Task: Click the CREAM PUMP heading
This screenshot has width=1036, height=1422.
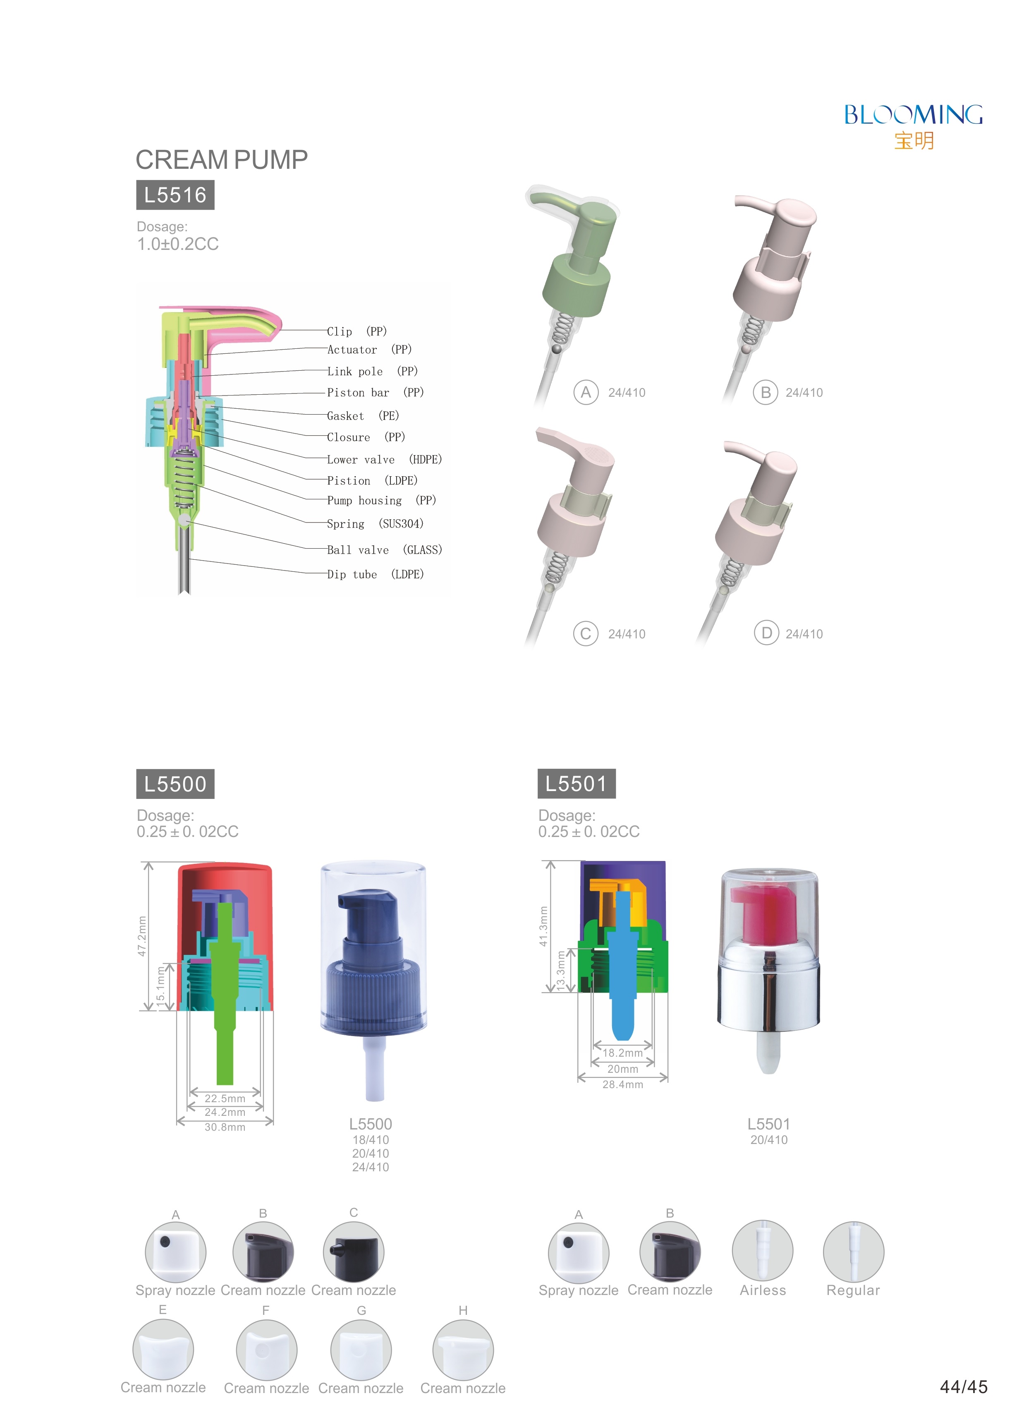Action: (x=221, y=160)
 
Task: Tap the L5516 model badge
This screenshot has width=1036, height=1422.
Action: (x=175, y=195)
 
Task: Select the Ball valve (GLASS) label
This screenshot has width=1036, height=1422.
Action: (x=385, y=550)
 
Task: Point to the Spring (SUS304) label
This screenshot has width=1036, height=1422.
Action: (x=375, y=524)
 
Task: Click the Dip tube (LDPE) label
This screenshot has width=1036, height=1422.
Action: (x=375, y=575)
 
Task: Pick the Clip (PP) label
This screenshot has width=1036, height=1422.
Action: (x=357, y=331)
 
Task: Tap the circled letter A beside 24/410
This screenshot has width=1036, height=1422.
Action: (x=586, y=393)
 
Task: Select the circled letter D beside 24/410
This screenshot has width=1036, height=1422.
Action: (x=766, y=633)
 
